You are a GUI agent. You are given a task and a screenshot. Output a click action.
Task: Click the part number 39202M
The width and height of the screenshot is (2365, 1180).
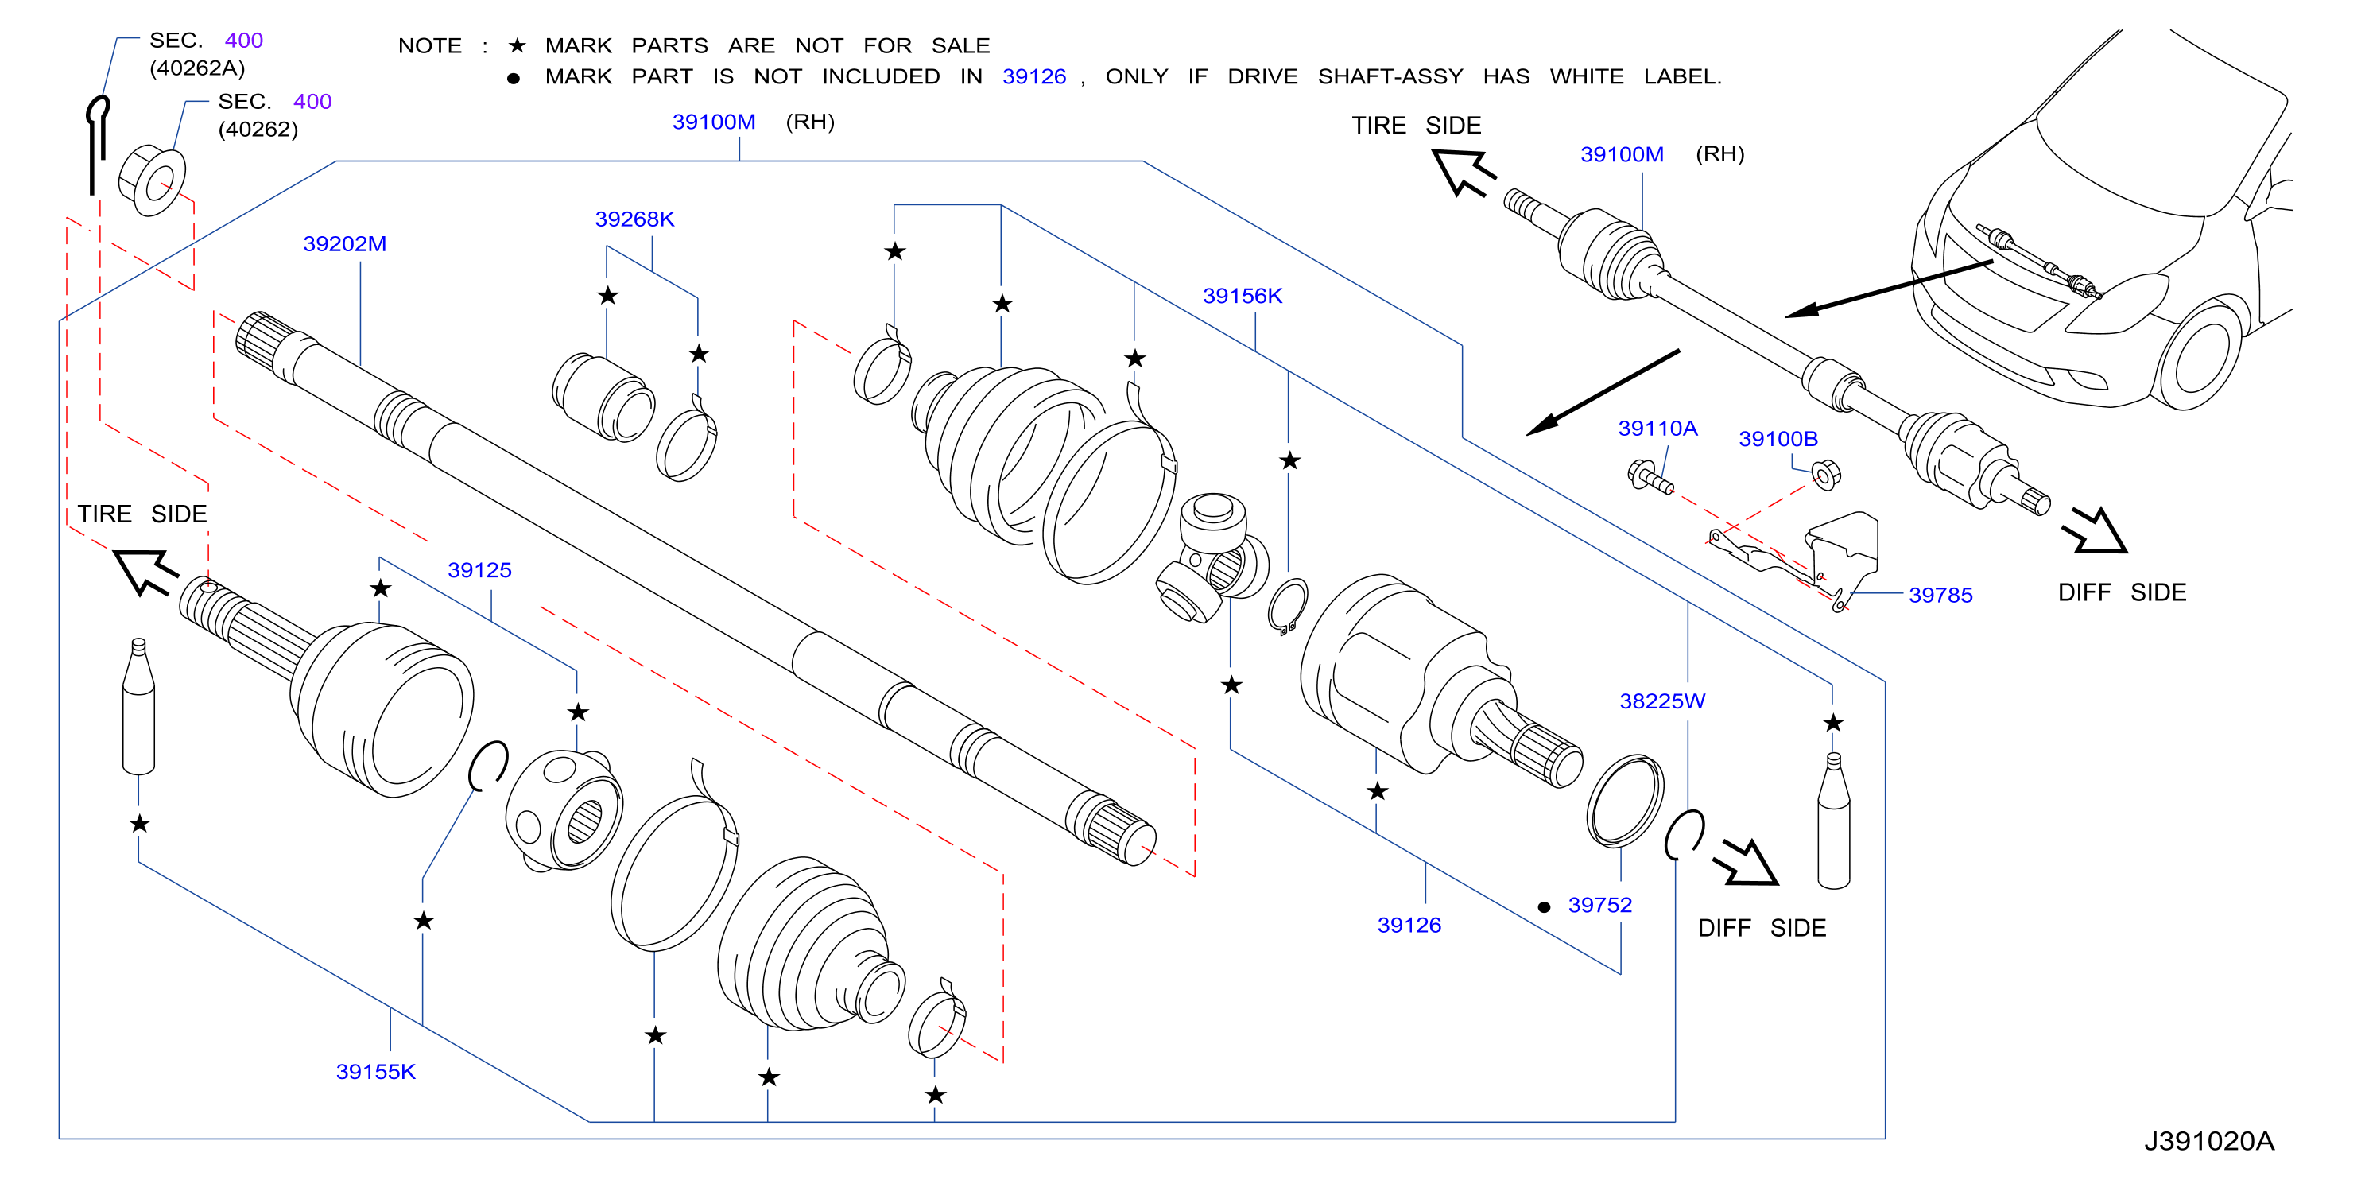tap(344, 244)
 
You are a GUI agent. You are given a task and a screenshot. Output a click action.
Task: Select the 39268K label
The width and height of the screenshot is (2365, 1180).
tap(634, 219)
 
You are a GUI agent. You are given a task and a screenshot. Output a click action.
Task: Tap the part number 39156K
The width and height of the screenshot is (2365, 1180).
tap(1243, 296)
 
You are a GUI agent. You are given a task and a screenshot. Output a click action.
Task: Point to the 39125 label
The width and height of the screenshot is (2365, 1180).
tap(479, 570)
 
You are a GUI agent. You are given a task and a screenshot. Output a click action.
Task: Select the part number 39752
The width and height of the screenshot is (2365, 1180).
tap(1599, 906)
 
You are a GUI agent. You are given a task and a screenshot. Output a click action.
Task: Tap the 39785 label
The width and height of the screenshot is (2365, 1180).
tap(1940, 595)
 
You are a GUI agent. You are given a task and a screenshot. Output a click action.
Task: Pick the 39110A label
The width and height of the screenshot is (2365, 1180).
tap(1657, 429)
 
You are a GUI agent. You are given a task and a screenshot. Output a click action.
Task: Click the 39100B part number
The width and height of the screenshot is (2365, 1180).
tap(1778, 439)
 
